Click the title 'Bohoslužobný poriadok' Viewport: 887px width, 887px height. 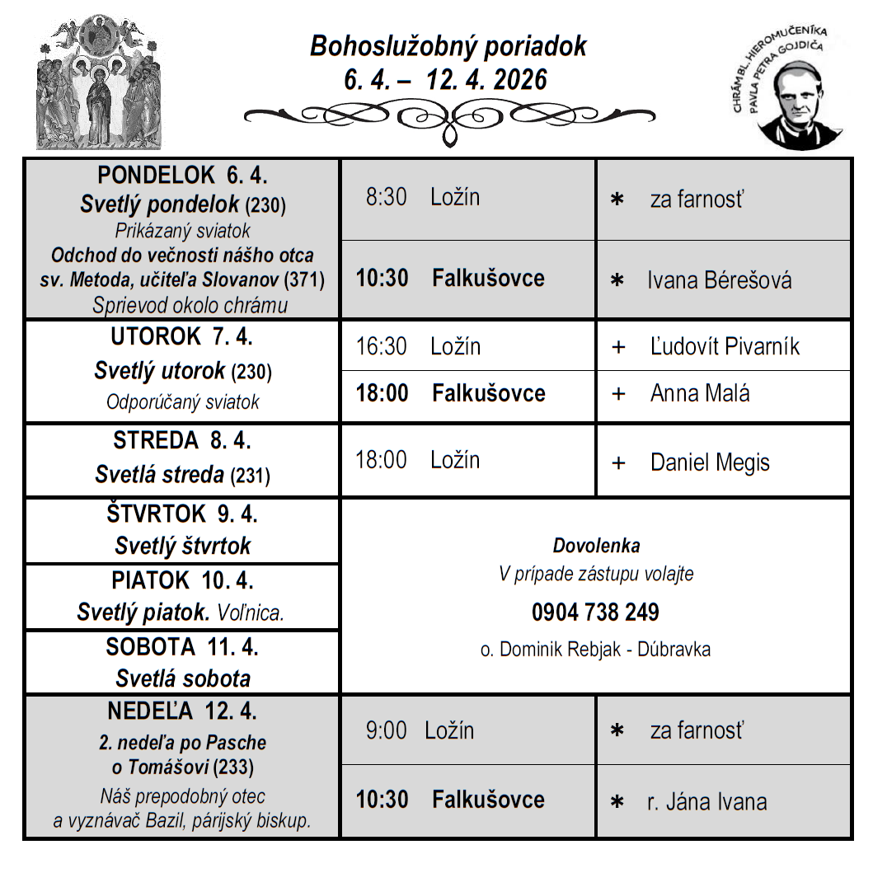pyautogui.click(x=448, y=46)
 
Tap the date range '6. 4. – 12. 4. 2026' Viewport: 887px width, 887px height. pyautogui.click(x=446, y=80)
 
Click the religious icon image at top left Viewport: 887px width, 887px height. pyautogui.click(x=100, y=82)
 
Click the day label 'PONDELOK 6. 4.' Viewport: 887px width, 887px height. pyautogui.click(x=182, y=176)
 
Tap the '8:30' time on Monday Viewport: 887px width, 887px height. pyautogui.click(x=387, y=197)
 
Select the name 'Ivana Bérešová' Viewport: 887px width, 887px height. pyautogui.click(x=719, y=280)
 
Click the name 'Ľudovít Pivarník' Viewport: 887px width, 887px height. pyautogui.click(x=725, y=346)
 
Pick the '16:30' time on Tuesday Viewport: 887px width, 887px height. pyautogui.click(x=381, y=346)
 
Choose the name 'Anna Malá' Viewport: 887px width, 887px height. pyautogui.click(x=700, y=393)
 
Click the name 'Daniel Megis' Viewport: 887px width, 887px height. pyautogui.click(x=710, y=462)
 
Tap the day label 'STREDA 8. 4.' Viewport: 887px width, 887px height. pyautogui.click(x=182, y=441)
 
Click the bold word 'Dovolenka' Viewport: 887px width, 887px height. pyautogui.click(x=596, y=546)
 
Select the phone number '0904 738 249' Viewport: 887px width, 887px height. pyautogui.click(x=595, y=612)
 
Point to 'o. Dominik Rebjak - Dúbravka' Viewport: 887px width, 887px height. pyautogui.click(x=595, y=650)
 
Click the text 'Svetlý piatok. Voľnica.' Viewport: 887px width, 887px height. pyautogui.click(x=181, y=612)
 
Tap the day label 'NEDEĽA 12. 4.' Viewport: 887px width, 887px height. pyautogui.click(x=181, y=711)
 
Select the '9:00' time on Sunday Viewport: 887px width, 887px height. pyautogui.click(x=387, y=730)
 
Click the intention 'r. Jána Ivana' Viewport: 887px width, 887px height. pyautogui.click(x=706, y=801)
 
